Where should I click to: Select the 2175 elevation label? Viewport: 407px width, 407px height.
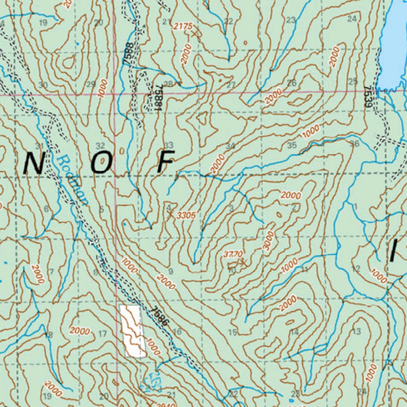(183, 27)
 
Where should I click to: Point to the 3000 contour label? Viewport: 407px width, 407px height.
(269, 240)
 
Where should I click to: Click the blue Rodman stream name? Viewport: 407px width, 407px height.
(72, 180)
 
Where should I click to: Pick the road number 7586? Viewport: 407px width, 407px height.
(160, 316)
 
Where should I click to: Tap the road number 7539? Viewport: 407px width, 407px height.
(369, 97)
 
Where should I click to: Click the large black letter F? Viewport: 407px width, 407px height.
(165, 162)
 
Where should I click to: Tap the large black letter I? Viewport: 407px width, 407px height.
(393, 251)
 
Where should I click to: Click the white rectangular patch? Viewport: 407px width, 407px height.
(131, 331)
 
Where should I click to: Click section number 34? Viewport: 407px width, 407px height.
(230, 146)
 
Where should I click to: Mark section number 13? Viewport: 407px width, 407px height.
(357, 331)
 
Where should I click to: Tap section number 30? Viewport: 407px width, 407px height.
(43, 85)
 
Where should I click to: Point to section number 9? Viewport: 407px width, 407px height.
(171, 271)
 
